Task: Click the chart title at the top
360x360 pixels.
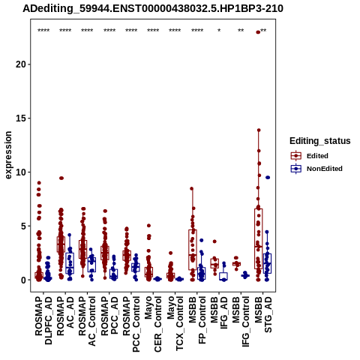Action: pyautogui.click(x=153, y=9)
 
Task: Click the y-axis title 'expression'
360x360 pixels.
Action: pyautogui.click(x=8, y=155)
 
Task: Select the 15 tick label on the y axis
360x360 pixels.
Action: pyautogui.click(x=21, y=118)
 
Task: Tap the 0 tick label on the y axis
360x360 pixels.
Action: pyautogui.click(x=23, y=280)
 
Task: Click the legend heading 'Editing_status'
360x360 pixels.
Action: pyautogui.click(x=320, y=141)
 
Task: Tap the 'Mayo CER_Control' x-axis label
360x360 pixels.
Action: pyautogui.click(x=153, y=324)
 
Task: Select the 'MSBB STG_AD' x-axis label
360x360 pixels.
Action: pyautogui.click(x=263, y=314)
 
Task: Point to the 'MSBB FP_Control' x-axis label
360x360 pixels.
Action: pyautogui.click(x=197, y=320)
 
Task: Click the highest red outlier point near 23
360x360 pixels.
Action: pyautogui.click(x=258, y=32)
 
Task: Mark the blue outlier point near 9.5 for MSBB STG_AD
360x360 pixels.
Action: pyautogui.click(x=268, y=178)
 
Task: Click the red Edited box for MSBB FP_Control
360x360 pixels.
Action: pyautogui.click(x=193, y=250)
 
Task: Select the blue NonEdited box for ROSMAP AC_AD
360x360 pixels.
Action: pyautogui.click(x=70, y=263)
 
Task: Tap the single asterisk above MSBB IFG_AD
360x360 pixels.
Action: pyautogui.click(x=219, y=31)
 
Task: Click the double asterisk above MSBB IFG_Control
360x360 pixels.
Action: pyautogui.click(x=241, y=31)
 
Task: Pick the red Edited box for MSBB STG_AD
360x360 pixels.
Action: pyautogui.click(x=259, y=238)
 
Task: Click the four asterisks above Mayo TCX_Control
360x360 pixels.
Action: pyautogui.click(x=175, y=31)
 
